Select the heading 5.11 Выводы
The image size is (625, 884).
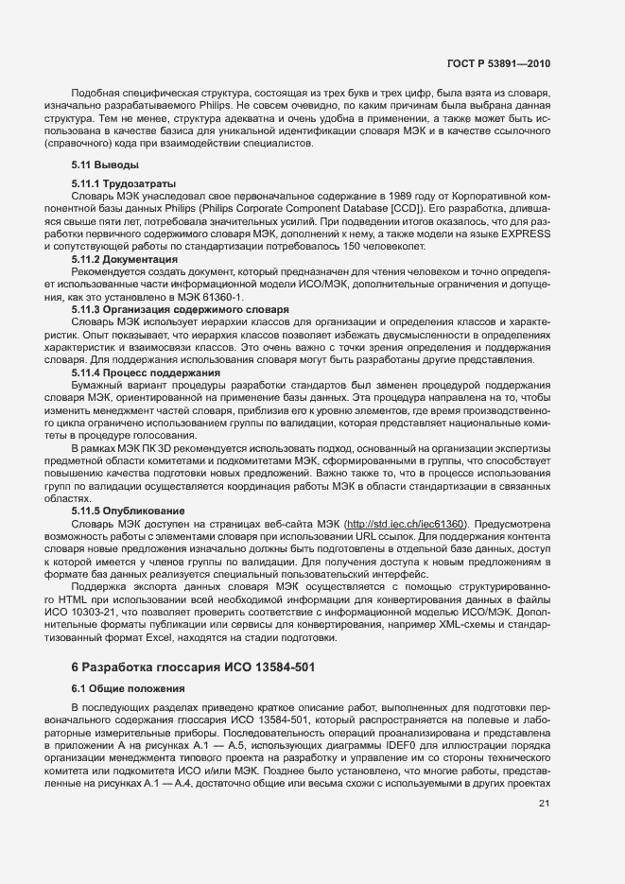coord(99,165)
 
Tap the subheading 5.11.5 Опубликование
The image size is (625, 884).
coord(131,511)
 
